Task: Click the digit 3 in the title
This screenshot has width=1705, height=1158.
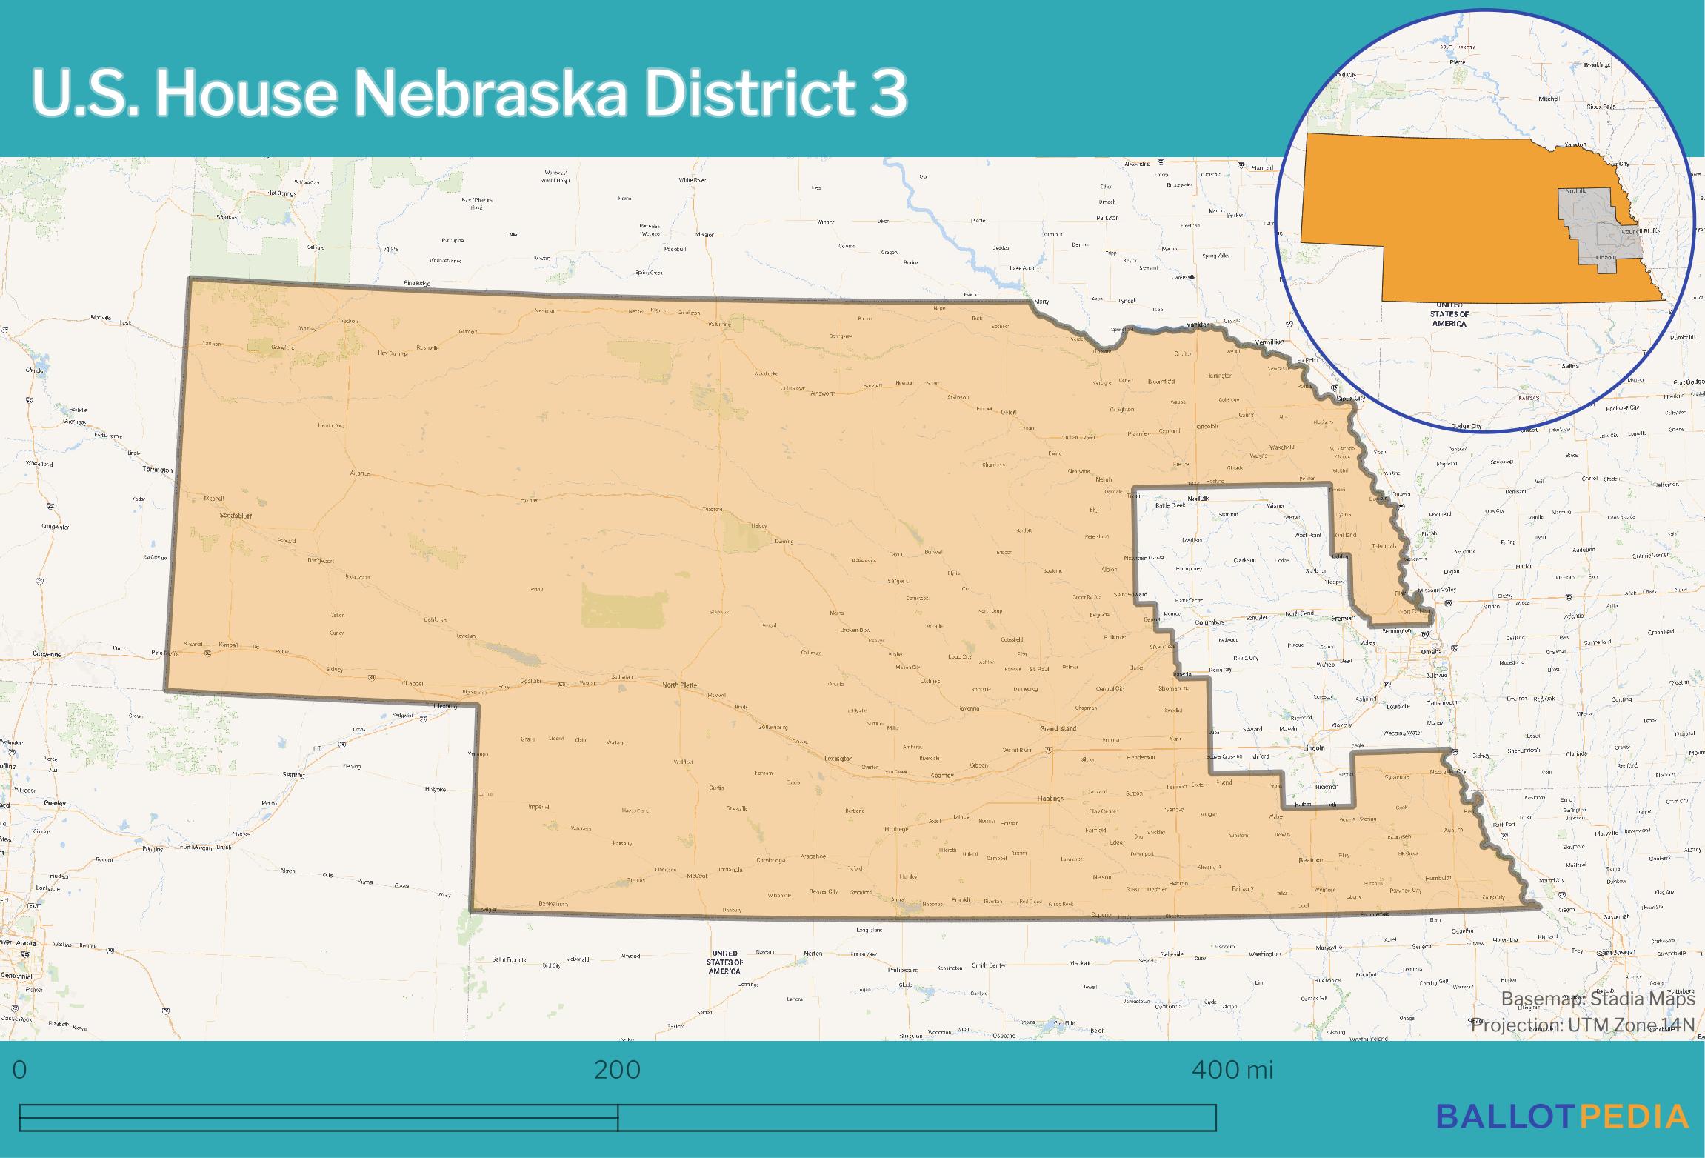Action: click(x=888, y=95)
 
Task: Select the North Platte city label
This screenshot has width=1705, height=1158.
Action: click(x=679, y=685)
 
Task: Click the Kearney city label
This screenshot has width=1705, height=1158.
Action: click(x=942, y=775)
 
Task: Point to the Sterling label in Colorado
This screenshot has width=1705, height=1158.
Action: click(x=293, y=774)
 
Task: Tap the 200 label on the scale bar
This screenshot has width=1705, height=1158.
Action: click(x=617, y=1070)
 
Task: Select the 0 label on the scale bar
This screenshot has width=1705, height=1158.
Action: click(x=20, y=1070)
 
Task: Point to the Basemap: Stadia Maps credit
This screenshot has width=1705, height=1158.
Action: click(x=1598, y=999)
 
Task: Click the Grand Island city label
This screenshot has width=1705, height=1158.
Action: click(x=1058, y=729)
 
